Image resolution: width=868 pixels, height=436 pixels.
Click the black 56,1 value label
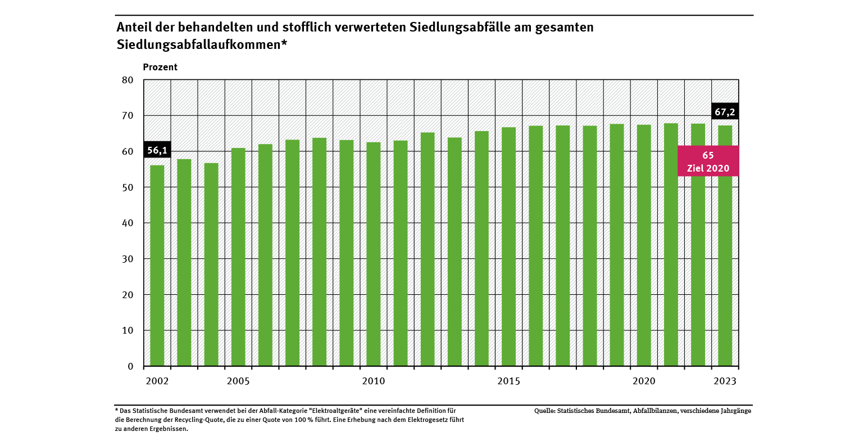pos(157,150)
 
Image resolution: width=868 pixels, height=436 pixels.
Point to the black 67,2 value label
pos(725,112)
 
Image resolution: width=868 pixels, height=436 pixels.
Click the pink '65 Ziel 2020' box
pos(708,161)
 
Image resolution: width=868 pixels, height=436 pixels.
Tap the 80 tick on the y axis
pos(128,80)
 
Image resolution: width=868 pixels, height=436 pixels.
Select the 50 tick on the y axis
pos(128,187)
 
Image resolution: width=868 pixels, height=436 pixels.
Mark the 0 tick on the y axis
pos(130,366)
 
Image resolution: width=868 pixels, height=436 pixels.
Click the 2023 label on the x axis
pos(725,381)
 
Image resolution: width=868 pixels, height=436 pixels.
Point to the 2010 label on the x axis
pos(374,381)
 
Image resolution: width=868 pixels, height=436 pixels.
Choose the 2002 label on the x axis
pos(157,381)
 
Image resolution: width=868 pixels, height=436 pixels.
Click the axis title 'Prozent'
pos(160,67)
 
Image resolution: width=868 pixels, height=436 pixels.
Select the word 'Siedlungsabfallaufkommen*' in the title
pos(202,45)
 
